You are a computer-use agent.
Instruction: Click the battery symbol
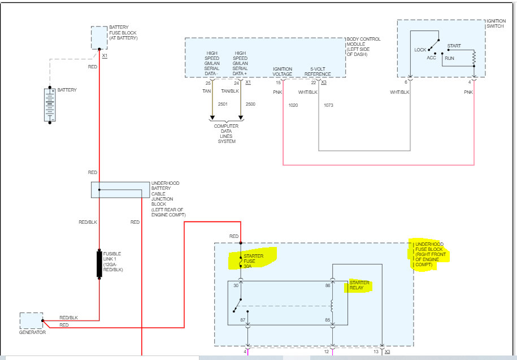pos(50,105)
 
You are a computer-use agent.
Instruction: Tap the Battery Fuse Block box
pos(99,37)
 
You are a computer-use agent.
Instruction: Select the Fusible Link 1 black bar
pos(99,264)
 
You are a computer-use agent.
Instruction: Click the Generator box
pos(31,320)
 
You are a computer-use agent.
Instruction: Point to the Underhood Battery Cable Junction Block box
pos(120,190)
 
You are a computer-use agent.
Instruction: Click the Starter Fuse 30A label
pos(253,261)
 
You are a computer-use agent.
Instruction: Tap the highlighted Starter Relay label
pos(359,285)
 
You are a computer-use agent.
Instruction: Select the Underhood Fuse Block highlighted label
pos(431,254)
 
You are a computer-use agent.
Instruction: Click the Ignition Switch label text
pos(496,23)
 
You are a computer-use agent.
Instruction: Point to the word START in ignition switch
pos(454,46)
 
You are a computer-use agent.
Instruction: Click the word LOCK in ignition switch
pos(420,50)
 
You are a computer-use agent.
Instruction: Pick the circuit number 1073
pos(328,105)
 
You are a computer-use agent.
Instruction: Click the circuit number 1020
pos(293,105)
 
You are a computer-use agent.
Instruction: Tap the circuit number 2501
pos(223,104)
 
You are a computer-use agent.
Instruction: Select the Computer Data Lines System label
pos(226,133)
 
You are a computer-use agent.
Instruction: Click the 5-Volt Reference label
pos(318,72)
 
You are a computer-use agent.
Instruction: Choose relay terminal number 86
pos(327,285)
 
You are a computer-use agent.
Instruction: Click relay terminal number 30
pos(236,285)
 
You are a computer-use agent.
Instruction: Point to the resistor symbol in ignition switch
pos(474,58)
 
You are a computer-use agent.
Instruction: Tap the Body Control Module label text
pos(363,46)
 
